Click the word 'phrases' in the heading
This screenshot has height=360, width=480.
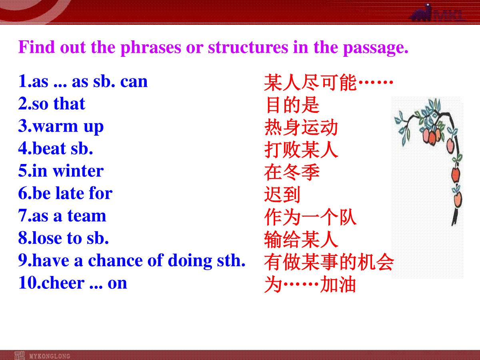151,48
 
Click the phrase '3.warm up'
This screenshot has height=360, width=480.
61,126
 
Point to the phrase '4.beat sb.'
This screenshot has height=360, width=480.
56,148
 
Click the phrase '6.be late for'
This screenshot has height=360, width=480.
65,193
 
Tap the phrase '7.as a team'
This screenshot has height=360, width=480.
62,216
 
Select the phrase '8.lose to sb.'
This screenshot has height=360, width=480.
64,238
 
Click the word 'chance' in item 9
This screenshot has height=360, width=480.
115,260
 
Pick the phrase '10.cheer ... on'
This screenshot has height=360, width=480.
73,283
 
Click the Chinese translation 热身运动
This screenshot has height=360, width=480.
301,128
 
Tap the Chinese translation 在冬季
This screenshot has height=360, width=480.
292,172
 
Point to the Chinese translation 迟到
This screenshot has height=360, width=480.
282,194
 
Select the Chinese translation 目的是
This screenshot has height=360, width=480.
292,105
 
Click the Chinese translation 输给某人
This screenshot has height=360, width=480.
301,240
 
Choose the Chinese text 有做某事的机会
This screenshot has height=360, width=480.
329,262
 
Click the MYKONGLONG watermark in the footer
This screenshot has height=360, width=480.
50,356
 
